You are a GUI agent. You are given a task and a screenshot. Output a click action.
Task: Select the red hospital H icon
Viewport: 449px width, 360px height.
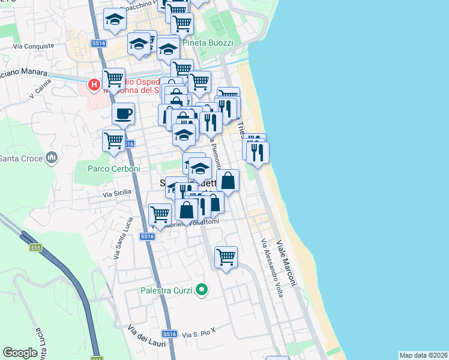94,85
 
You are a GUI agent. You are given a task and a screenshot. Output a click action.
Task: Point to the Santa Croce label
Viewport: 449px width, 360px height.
21,158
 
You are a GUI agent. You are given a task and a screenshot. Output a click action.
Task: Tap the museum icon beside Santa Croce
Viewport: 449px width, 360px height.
52,158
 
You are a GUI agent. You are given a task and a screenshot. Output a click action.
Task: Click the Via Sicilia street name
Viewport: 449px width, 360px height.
116,194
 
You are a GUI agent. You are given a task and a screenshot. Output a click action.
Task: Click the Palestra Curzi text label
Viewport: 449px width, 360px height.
166,291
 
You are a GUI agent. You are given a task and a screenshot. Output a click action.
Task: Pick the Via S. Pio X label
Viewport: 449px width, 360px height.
199,333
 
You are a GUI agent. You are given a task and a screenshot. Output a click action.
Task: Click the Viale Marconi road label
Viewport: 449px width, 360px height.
287,263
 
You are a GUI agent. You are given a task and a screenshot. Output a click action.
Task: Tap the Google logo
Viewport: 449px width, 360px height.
20,353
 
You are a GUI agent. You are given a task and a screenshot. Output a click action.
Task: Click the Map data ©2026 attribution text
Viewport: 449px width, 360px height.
423,355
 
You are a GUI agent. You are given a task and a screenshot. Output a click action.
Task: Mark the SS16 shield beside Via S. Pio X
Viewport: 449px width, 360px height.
170,334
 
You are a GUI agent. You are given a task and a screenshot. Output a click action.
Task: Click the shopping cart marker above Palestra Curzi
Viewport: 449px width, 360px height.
226,257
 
